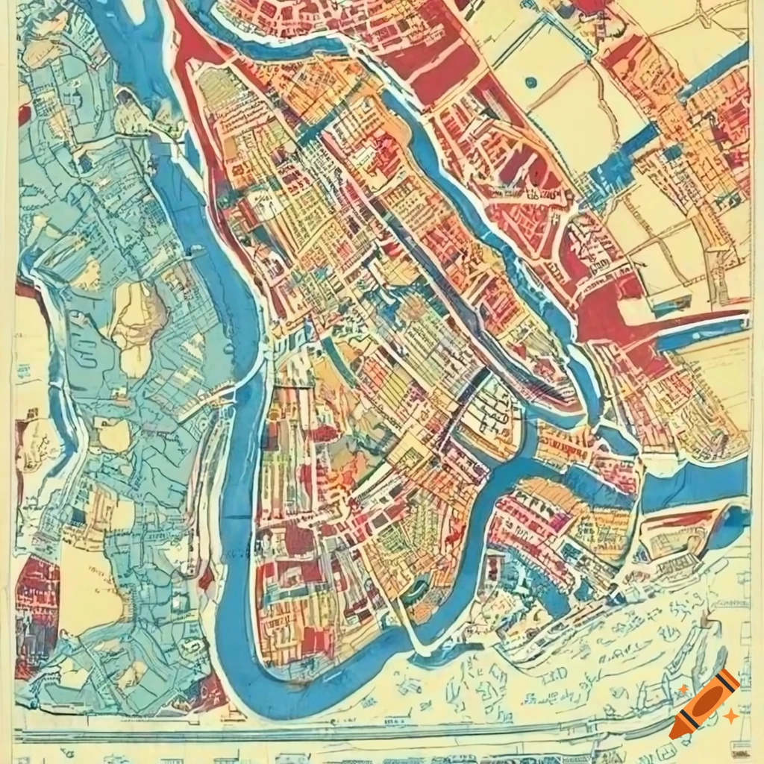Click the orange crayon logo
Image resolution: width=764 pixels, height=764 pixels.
pyautogui.click(x=704, y=704)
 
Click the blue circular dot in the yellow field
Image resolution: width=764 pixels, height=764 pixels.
pyautogui.click(x=530, y=82)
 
